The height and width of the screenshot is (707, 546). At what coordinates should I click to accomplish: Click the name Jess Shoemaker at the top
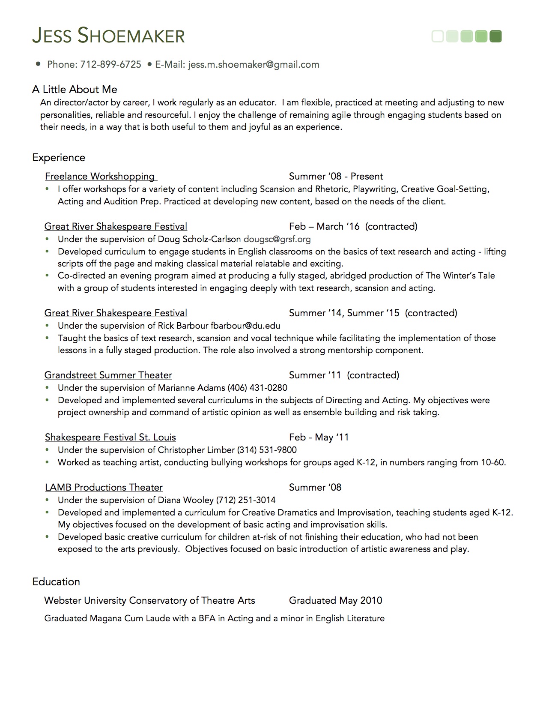pos(108,36)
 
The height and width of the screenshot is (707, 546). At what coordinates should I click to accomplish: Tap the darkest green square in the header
pos(495,36)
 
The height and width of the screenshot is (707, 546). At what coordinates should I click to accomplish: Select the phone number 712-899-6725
pos(110,65)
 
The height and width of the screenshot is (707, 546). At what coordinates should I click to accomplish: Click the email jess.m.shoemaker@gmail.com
pos(254,65)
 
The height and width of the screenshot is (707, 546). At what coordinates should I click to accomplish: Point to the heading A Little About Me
pos(75,90)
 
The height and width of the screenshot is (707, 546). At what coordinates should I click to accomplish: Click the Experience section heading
pos(59,158)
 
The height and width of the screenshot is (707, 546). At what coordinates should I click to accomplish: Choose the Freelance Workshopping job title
pos(100,177)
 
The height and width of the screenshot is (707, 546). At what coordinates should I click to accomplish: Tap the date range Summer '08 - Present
pos(336,177)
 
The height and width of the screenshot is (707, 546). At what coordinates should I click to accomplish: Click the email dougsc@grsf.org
pos(277,239)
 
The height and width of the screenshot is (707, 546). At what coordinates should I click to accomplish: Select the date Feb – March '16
pos(324,227)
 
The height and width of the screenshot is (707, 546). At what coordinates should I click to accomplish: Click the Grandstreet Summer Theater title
pos(108,375)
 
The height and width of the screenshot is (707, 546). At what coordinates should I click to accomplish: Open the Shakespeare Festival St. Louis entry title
pos(110,437)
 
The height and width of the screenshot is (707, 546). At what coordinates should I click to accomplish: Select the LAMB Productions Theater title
pos(104,488)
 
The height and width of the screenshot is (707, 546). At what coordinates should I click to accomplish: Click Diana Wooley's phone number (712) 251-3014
pos(246,500)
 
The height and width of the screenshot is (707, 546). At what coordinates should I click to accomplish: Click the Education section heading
pos(56,582)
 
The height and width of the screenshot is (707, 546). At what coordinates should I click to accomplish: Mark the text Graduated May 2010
pos(335,601)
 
